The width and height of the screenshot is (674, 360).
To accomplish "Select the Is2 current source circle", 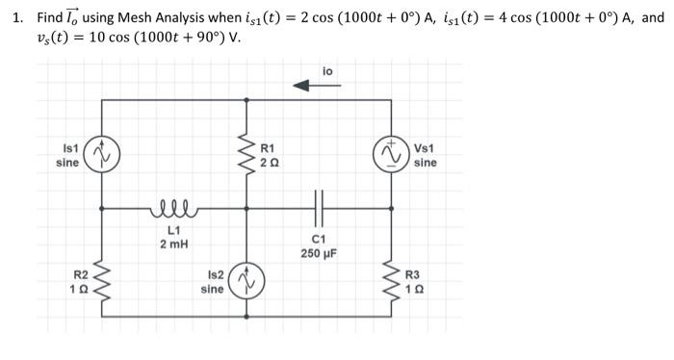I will (x=247, y=281).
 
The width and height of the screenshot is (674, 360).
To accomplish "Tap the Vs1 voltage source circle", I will (x=391, y=153).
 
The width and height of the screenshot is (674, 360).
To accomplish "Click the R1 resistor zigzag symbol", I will (x=247, y=154).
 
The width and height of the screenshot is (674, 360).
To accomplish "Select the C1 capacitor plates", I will (x=320, y=206).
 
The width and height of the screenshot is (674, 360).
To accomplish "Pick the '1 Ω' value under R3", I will (x=414, y=289).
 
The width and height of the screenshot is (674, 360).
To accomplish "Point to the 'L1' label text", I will (x=174, y=230).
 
